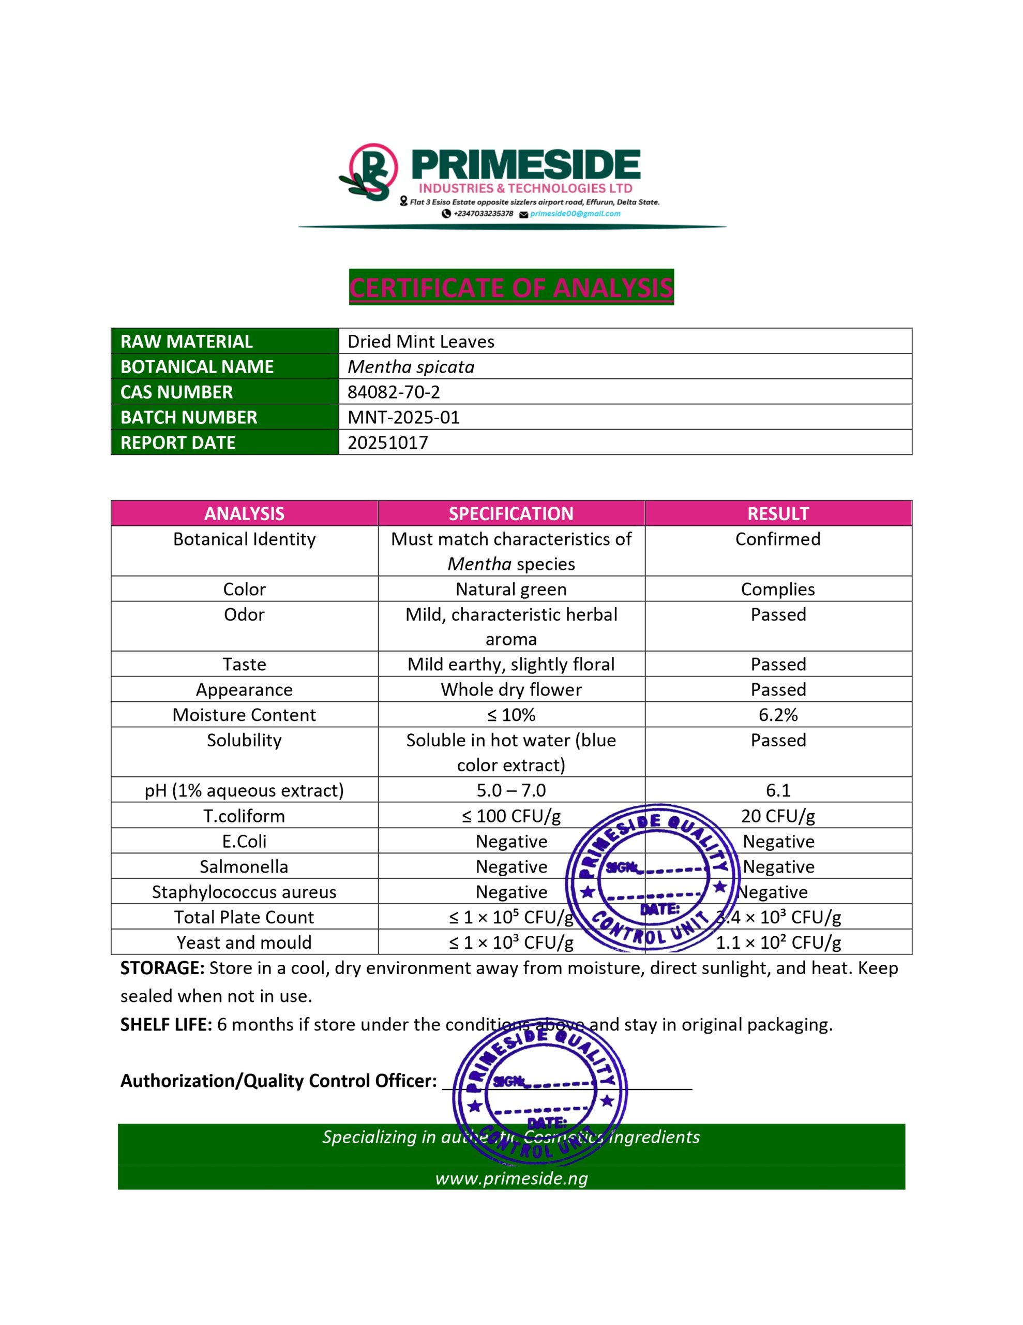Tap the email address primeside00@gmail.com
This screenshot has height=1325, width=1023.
point(575,214)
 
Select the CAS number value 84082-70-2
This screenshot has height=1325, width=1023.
point(394,392)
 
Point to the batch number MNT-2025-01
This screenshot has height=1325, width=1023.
point(403,417)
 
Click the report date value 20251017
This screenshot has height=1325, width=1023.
point(387,443)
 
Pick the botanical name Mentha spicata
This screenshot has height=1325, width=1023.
point(411,366)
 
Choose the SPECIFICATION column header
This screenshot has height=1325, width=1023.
point(510,514)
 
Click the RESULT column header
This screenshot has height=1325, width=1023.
point(778,514)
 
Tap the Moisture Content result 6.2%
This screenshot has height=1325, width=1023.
point(778,715)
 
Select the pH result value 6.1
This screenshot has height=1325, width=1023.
point(778,790)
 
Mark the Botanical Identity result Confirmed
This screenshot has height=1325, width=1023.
point(778,539)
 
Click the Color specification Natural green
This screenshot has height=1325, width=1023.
point(510,589)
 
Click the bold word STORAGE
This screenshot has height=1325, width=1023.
point(162,968)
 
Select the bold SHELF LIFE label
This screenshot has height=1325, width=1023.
point(166,1025)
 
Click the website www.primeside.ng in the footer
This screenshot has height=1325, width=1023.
point(511,1178)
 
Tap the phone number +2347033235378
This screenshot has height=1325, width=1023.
point(483,214)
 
